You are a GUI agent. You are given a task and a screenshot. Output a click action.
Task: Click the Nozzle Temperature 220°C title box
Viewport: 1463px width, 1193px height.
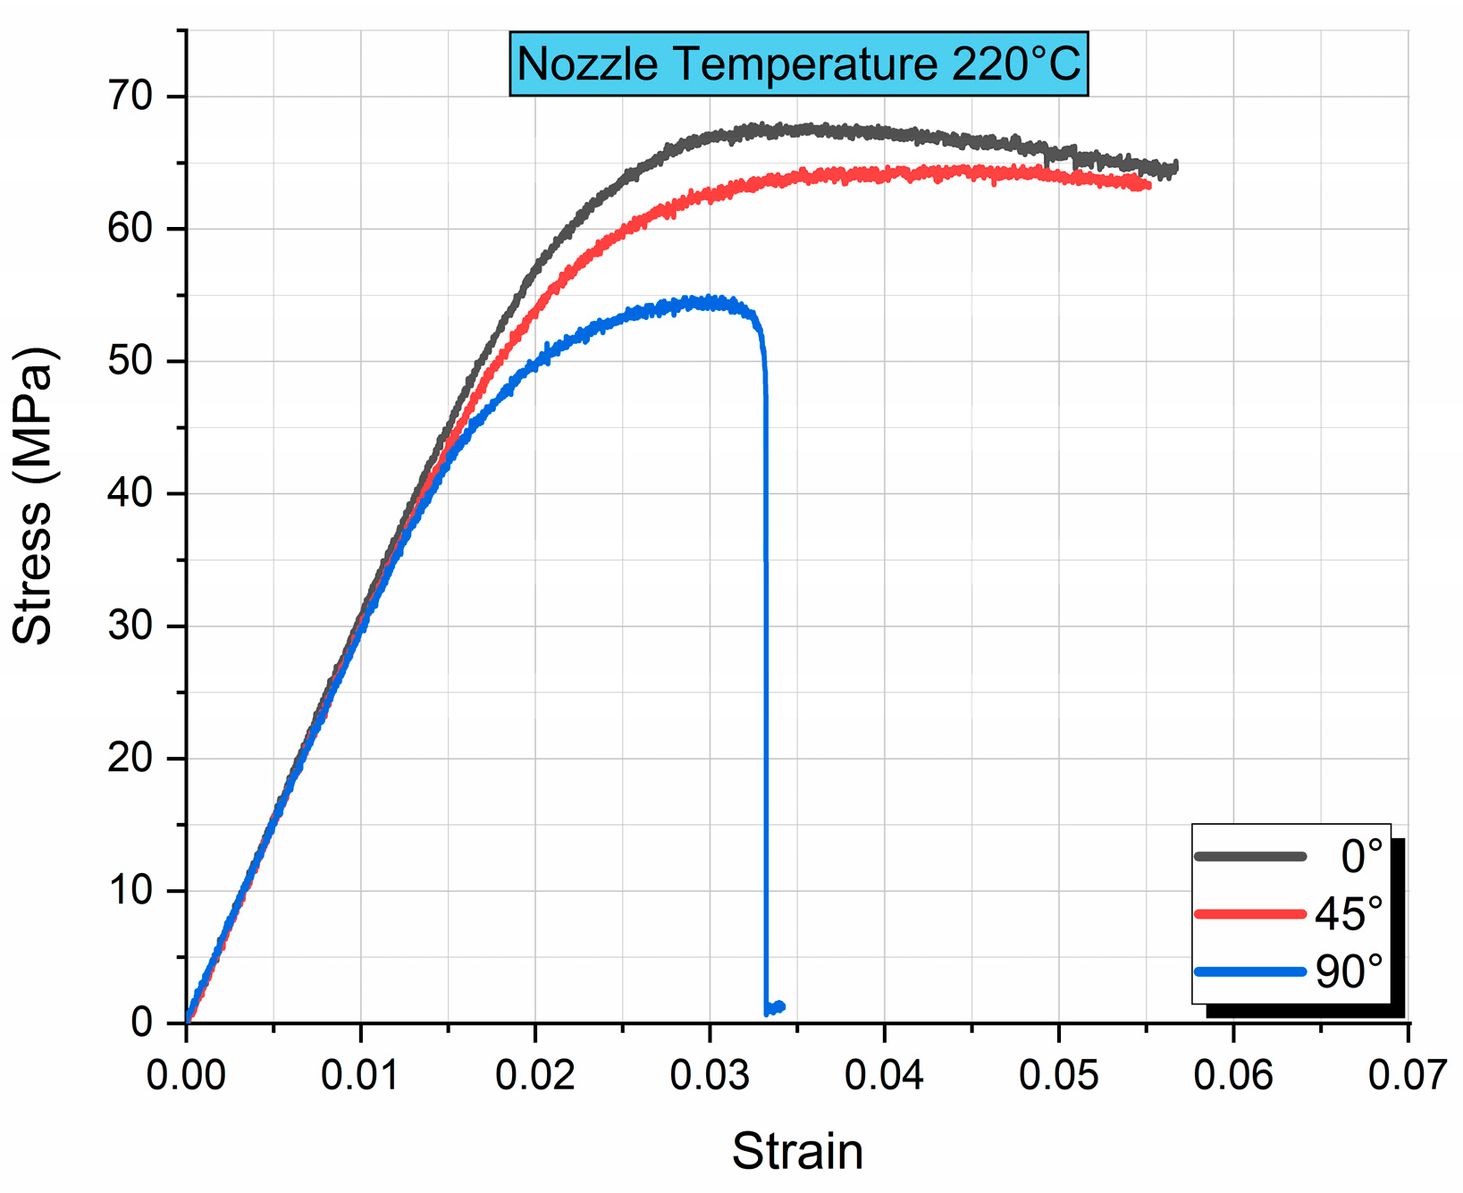[798, 64]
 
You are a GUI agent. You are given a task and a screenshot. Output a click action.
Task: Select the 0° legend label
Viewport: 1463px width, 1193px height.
[1361, 856]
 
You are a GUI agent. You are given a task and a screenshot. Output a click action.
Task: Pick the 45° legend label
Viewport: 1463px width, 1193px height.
[1349, 913]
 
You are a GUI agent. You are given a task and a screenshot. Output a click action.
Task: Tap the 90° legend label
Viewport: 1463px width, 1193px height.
[1349, 971]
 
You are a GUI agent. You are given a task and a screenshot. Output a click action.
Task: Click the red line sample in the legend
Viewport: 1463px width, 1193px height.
[1249, 913]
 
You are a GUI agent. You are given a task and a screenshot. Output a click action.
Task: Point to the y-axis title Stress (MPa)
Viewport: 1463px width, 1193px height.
[34, 496]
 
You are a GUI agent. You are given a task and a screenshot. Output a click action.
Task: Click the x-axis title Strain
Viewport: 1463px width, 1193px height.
[797, 1151]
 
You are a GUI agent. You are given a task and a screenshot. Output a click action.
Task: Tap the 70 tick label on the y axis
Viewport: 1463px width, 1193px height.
[130, 97]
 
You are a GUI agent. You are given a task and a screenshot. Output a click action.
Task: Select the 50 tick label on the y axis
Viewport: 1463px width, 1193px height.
[130, 361]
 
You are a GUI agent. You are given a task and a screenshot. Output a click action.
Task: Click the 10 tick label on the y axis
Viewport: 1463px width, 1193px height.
[130, 891]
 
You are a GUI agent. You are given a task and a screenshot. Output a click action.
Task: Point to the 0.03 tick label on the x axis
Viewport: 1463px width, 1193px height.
[710, 1075]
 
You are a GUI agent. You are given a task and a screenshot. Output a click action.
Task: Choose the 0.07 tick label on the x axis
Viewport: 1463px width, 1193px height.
[1407, 1075]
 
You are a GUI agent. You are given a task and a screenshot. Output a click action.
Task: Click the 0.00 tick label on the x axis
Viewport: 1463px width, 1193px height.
[186, 1075]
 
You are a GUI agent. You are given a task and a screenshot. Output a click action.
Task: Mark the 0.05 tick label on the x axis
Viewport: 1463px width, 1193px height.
[1058, 1075]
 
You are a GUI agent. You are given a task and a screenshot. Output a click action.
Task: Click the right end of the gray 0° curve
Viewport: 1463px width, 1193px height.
[1174, 166]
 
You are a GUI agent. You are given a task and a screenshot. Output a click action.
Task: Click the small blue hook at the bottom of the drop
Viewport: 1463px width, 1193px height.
[776, 1008]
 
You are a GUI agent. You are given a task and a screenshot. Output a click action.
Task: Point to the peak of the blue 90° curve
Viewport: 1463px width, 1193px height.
[710, 301]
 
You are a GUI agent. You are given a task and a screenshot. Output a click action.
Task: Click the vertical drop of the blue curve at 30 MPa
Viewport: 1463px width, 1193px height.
[765, 626]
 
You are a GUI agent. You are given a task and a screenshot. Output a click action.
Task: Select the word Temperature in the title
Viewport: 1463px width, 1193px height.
[800, 64]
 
